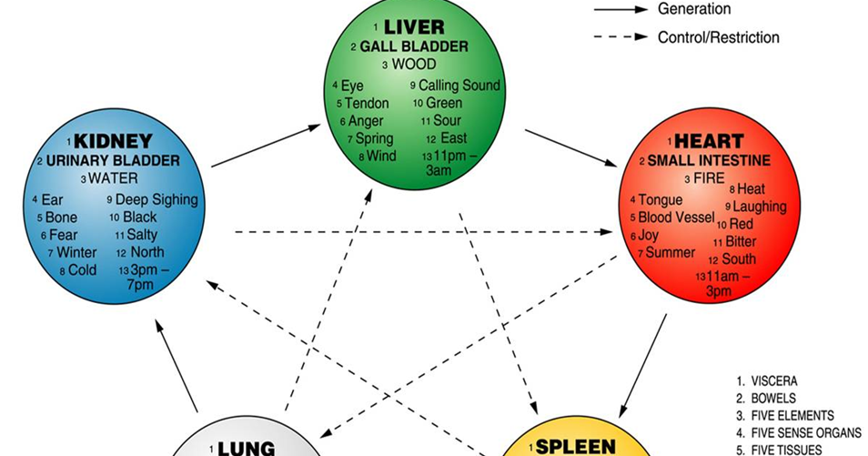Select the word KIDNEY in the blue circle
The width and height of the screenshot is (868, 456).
coord(113,142)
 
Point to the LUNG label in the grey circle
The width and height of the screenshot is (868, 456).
coord(247,448)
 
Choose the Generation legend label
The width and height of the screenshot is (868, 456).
coord(694,9)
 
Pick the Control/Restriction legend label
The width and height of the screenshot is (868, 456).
coord(719,37)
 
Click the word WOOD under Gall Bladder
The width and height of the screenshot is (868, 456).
coord(414,65)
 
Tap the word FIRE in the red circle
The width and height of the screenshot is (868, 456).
coord(710,178)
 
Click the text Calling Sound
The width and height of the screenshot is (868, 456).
coord(459,85)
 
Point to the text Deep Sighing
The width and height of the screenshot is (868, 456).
coord(156,199)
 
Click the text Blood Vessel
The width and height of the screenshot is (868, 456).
coord(676,218)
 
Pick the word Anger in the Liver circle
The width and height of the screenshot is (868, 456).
coord(366,121)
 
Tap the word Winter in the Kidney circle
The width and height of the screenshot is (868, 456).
coord(76,252)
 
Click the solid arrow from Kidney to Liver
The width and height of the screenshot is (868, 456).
coord(266,147)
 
